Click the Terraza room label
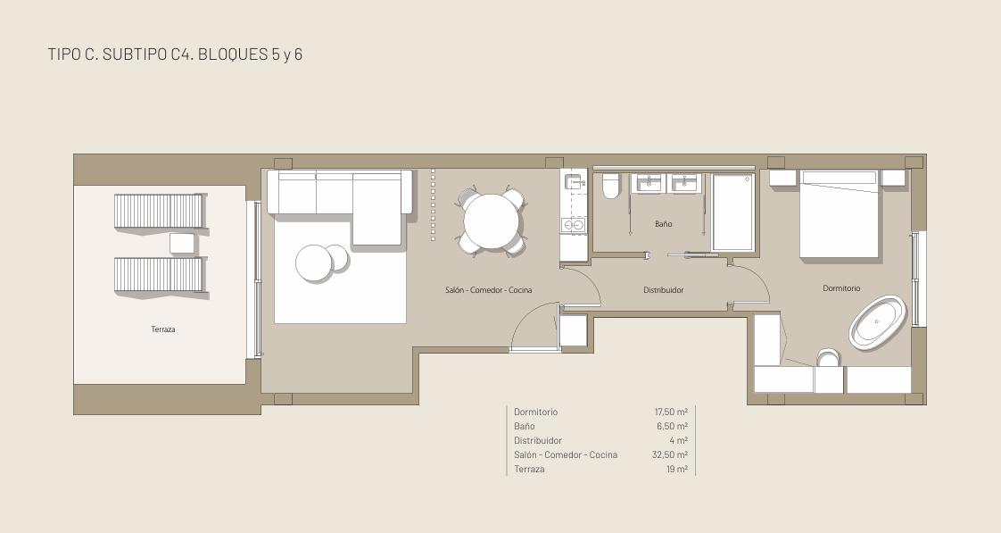(x=162, y=329)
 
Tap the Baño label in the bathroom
(x=663, y=224)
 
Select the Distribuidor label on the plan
(x=663, y=289)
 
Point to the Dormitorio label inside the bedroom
(x=841, y=288)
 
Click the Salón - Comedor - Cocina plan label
(x=488, y=289)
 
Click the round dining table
(x=491, y=221)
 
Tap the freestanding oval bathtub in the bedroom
(x=878, y=322)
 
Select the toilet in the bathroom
(x=611, y=186)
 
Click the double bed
(x=840, y=215)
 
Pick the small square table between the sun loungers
(x=182, y=243)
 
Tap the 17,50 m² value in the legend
(x=671, y=412)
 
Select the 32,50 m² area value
(x=670, y=455)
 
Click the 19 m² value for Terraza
(x=676, y=469)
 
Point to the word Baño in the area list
(x=524, y=426)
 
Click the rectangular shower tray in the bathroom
(x=732, y=212)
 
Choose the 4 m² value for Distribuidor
(x=679, y=440)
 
